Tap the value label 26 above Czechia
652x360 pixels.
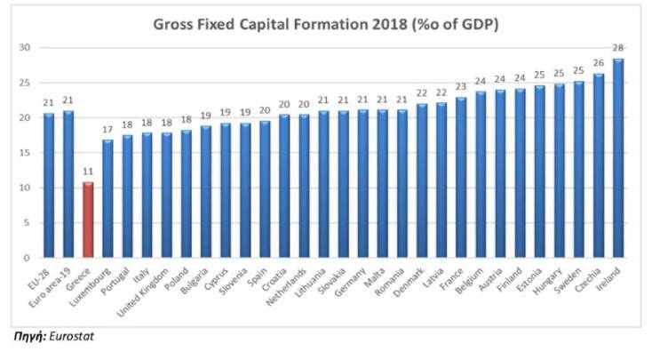pos(599,63)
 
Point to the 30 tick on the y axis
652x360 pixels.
pos(25,47)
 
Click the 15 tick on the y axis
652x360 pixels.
pos(25,153)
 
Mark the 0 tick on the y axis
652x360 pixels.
pos(28,259)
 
